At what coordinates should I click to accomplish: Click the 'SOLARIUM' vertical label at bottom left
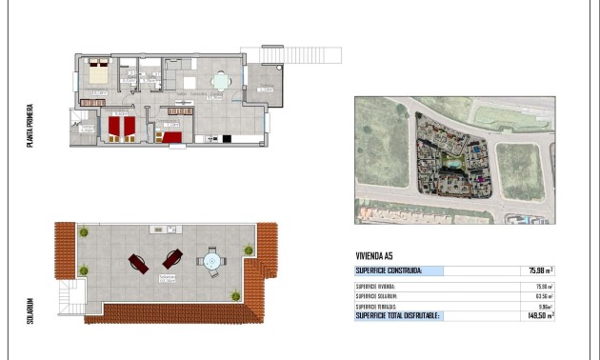(30, 311)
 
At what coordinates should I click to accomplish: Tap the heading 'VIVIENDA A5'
(373, 255)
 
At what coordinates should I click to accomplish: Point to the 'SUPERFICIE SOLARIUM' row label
(376, 295)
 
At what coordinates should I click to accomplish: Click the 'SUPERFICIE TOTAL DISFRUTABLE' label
(397, 314)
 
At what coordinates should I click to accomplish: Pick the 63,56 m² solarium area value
(543, 295)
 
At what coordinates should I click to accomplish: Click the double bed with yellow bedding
(98, 71)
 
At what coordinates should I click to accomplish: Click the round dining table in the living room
(220, 82)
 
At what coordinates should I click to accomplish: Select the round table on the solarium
(211, 260)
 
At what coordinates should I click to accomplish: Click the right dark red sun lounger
(172, 257)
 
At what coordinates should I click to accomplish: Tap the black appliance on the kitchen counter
(227, 139)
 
